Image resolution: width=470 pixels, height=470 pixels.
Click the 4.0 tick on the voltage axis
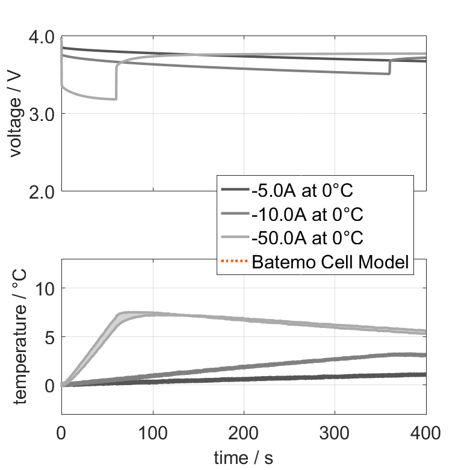tap(40, 37)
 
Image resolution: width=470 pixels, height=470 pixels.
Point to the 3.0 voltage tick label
tap(40, 114)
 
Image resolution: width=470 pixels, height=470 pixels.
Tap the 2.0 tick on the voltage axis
tap(40, 192)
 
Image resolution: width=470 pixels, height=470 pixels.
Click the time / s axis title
tap(243, 458)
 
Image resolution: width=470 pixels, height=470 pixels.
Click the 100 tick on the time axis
tap(153, 432)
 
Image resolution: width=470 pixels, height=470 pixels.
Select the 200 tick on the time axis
tap(244, 432)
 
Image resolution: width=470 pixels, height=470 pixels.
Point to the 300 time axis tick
tap(335, 432)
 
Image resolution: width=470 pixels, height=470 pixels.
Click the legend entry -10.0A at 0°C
tap(307, 214)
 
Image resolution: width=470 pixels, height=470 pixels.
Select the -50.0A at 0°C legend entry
tap(307, 238)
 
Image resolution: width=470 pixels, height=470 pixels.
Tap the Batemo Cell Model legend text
tap(331, 262)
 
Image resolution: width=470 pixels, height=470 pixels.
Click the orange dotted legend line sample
tap(235, 262)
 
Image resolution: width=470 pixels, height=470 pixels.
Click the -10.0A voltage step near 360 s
tap(389, 66)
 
